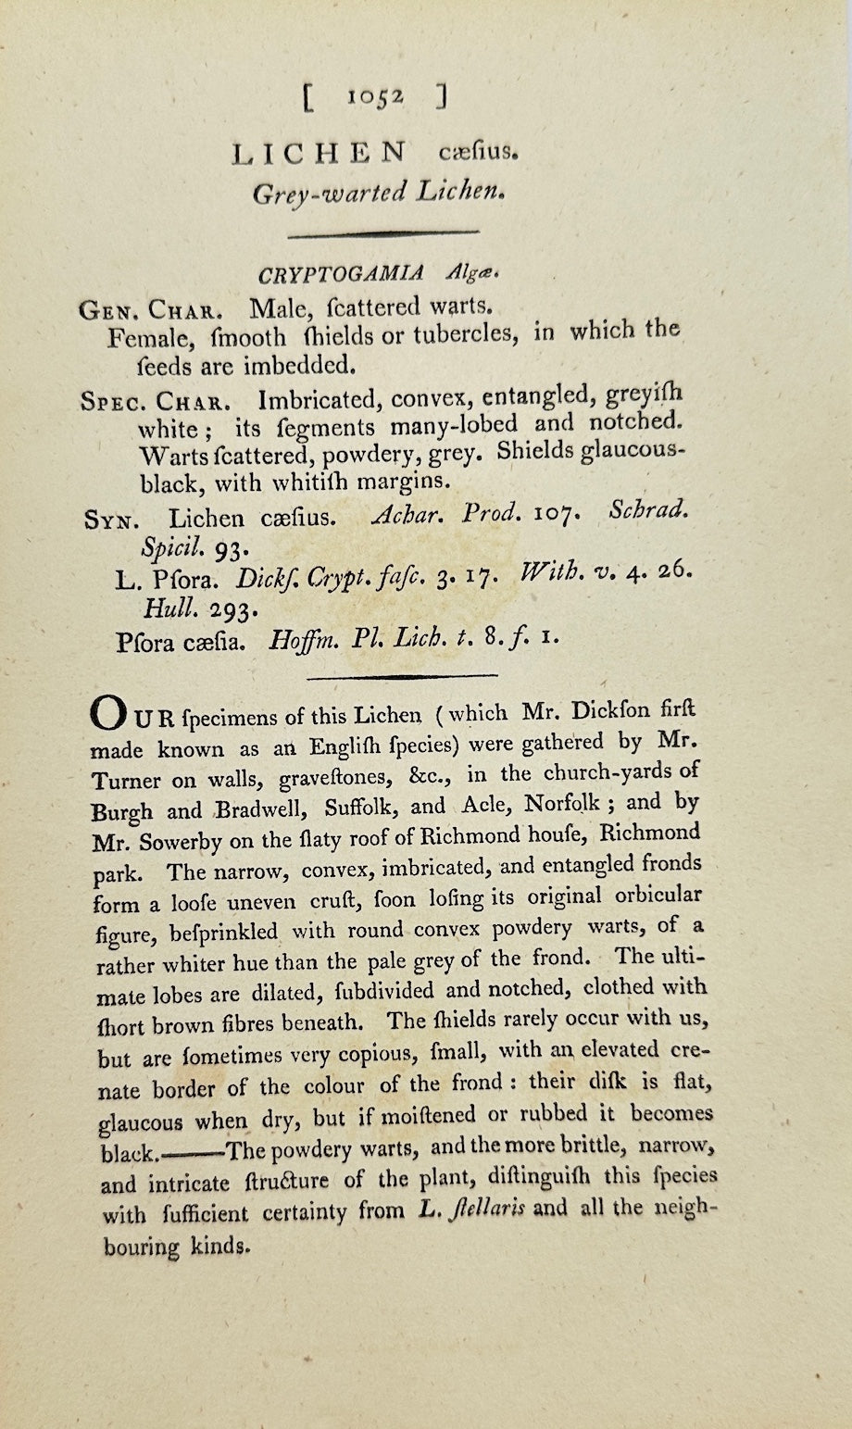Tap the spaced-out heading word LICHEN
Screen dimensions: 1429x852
click(319, 153)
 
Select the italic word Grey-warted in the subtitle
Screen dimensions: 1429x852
click(330, 192)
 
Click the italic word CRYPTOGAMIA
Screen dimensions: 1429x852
click(341, 274)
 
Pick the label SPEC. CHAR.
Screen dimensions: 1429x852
click(156, 403)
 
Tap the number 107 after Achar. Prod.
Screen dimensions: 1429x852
click(558, 514)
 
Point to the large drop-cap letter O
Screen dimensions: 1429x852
click(104, 715)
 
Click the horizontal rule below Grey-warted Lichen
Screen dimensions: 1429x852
click(382, 233)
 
